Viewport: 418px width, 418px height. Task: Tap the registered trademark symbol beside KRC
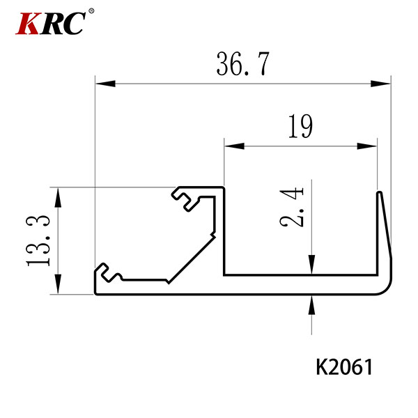tap(91, 11)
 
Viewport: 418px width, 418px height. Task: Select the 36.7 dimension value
tap(242, 64)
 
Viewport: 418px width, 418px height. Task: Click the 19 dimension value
tap(300, 126)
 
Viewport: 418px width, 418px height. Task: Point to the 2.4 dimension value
tap(292, 208)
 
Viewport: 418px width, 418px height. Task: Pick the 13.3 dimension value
tap(38, 241)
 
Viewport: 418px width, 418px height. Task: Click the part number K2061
tap(344, 367)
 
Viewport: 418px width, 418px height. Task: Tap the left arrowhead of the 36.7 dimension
tap(105, 84)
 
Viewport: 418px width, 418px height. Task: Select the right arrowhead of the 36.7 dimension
tap(381, 84)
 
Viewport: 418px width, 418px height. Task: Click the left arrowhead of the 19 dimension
tap(234, 146)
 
